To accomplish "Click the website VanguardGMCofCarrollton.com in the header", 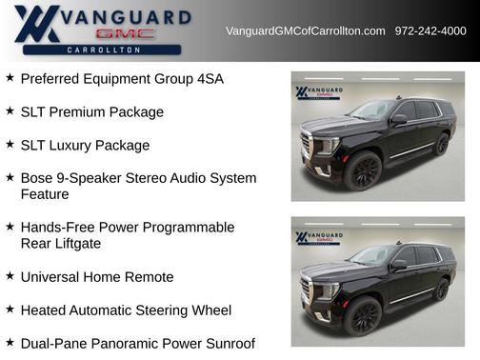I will [x=305, y=31].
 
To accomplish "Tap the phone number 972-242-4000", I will [x=430, y=31].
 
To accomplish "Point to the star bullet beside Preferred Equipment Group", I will [x=10, y=78].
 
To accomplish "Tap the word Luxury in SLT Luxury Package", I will [x=81, y=146].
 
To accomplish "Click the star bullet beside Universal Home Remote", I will [x=10, y=276].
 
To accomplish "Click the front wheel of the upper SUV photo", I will [x=362, y=171].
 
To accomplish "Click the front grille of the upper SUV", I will [x=308, y=148].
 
